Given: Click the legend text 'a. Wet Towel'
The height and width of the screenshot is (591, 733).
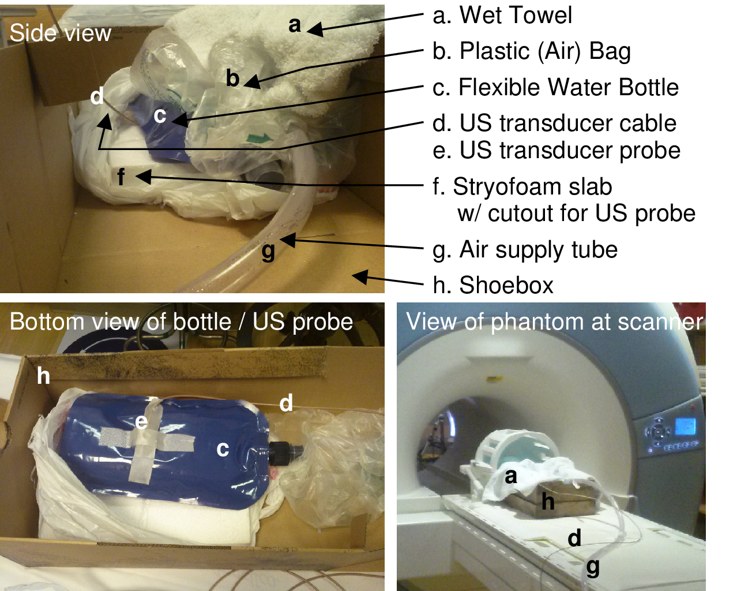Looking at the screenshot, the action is [502, 16].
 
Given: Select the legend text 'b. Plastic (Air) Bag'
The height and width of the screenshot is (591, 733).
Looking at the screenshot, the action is [531, 51].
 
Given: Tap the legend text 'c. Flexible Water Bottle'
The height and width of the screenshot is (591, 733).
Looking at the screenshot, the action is [555, 88].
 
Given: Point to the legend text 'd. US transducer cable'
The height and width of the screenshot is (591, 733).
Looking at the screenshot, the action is [554, 124].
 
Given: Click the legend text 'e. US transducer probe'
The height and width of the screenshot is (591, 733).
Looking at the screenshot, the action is [557, 151].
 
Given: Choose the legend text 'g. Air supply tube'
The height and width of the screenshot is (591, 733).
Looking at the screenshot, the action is [525, 250].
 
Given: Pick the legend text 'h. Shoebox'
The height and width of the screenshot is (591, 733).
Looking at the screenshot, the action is [493, 285].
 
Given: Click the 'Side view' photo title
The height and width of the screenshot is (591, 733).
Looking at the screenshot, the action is [60, 33].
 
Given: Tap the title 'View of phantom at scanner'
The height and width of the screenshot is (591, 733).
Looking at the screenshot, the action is [554, 322].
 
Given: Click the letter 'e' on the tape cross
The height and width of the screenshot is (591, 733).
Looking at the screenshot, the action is [141, 422].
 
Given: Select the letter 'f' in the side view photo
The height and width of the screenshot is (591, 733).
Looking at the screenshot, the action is [121, 177].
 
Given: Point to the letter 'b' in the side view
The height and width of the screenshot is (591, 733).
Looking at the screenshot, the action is [232, 78].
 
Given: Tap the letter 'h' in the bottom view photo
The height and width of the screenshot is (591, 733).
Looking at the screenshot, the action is [43, 376].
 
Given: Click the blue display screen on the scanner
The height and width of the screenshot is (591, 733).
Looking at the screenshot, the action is [685, 426].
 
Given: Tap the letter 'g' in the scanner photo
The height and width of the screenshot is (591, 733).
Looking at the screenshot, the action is [593, 567].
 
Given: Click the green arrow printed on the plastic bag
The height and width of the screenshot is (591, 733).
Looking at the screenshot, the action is [258, 138].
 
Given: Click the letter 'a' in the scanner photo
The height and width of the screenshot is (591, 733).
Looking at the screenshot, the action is [510, 477].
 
